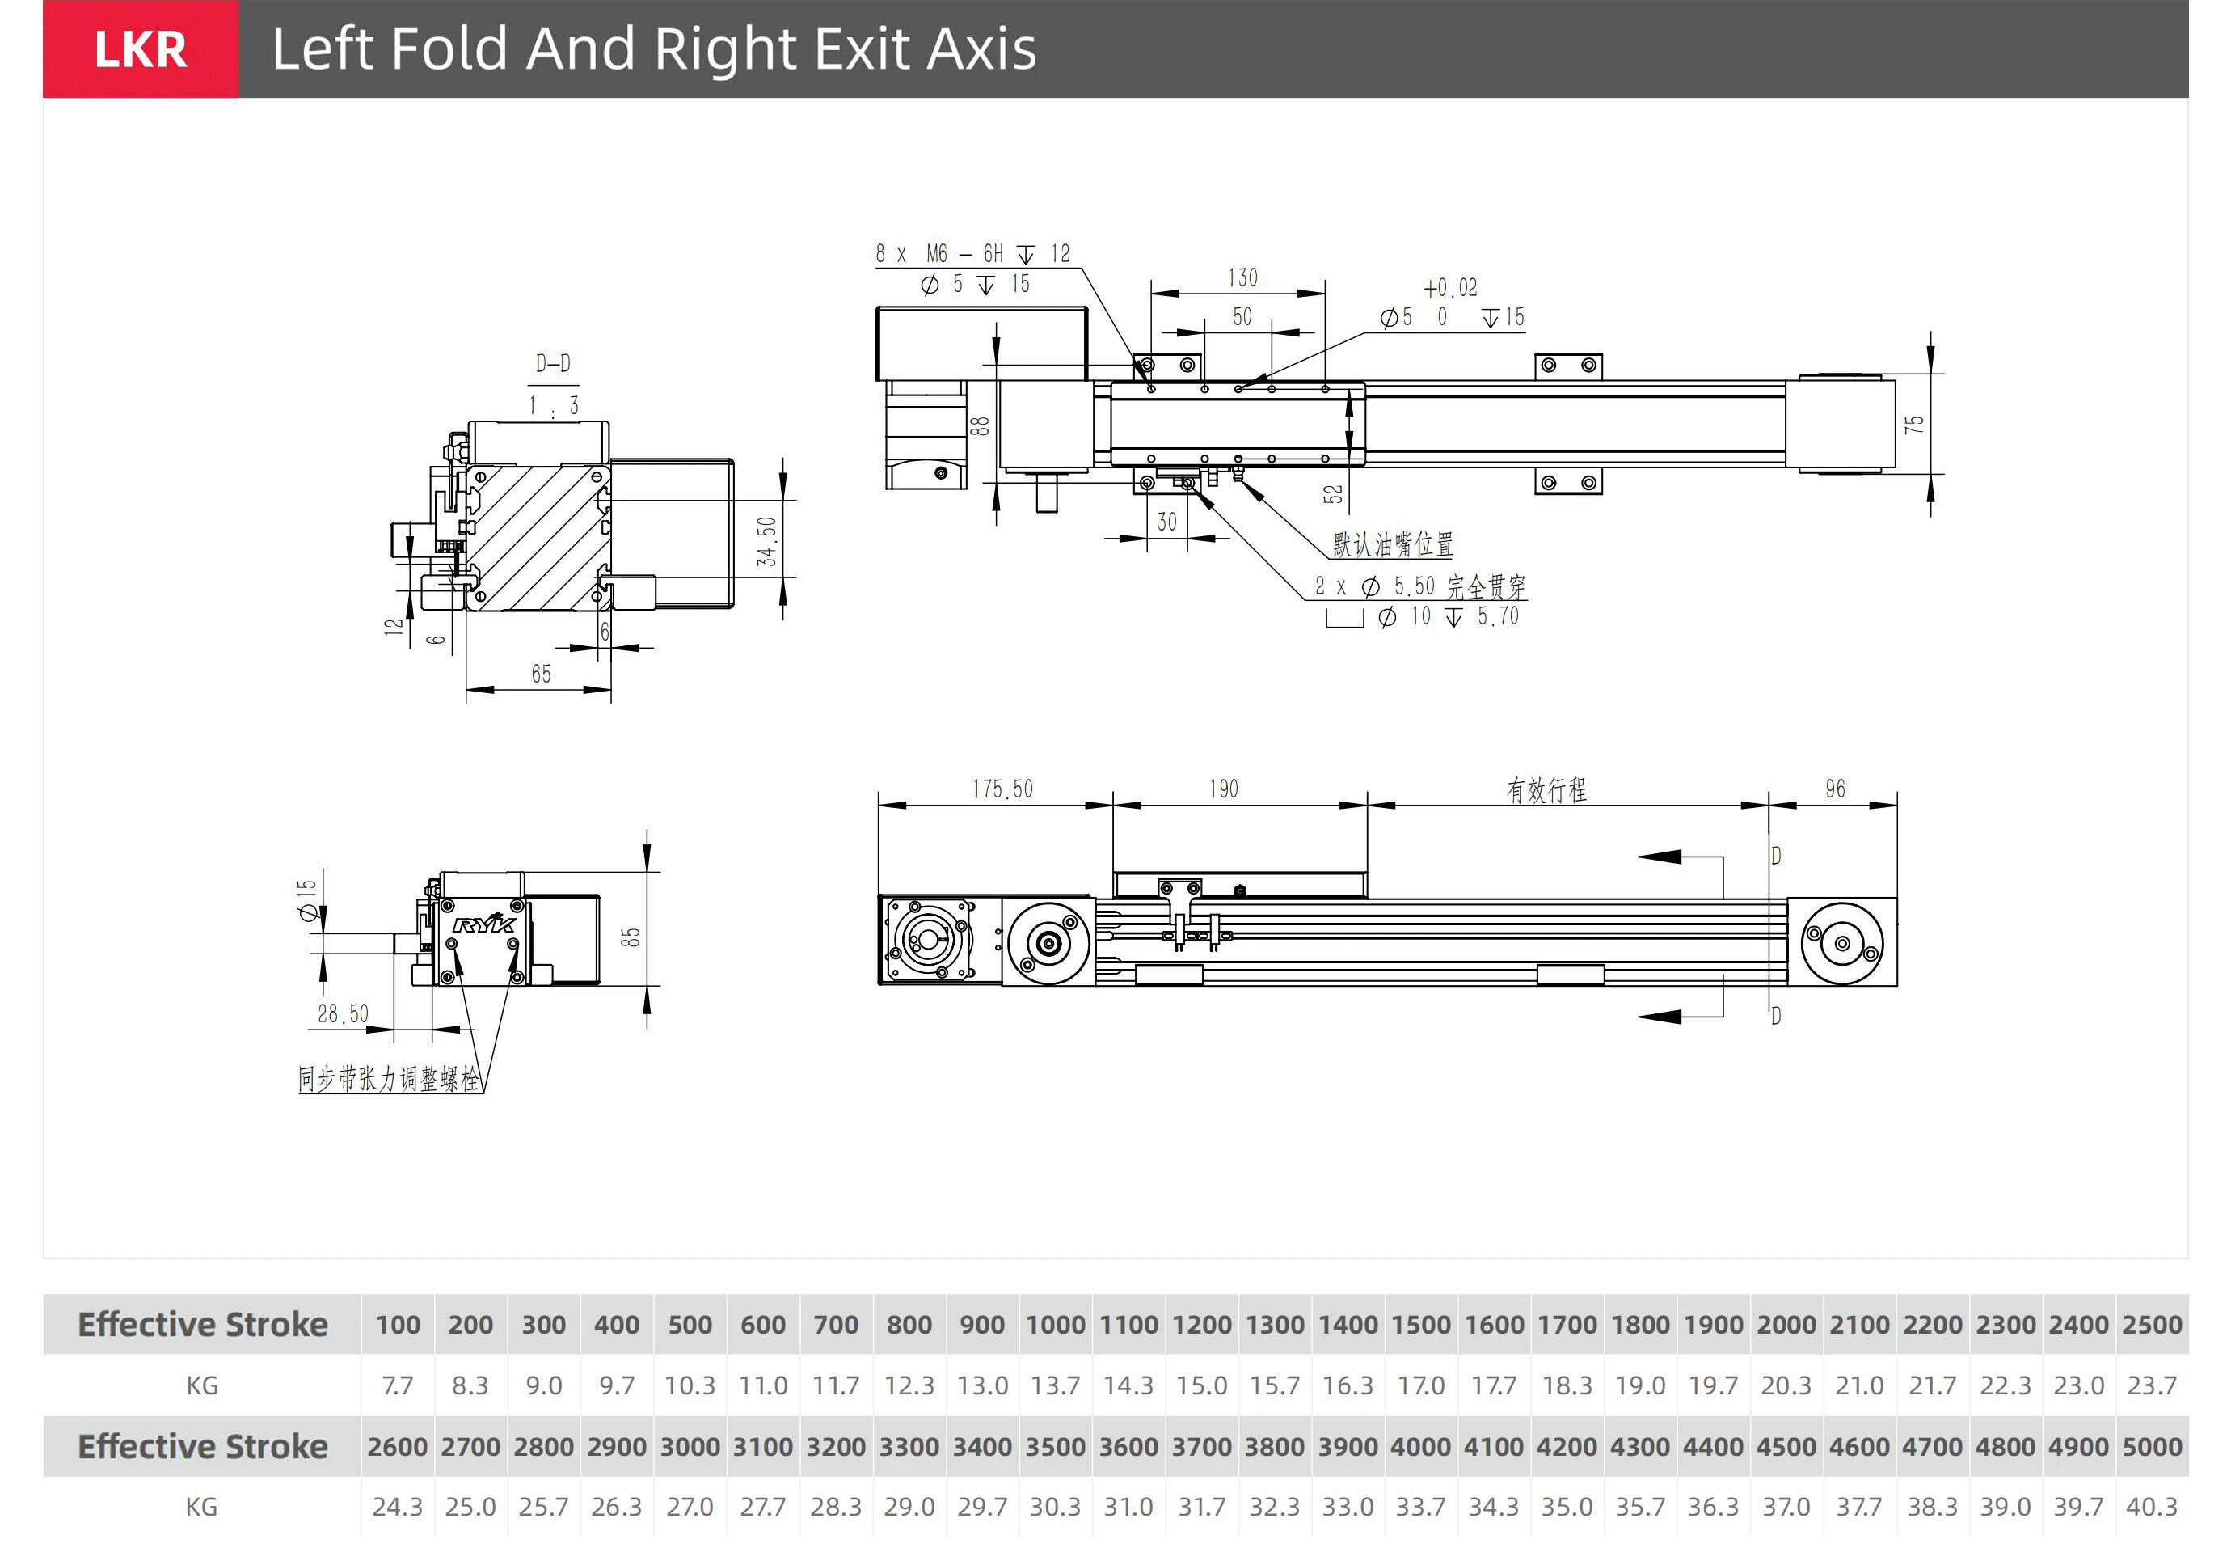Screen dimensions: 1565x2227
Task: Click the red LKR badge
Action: click(141, 49)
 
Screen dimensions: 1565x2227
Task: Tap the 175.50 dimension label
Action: click(1003, 789)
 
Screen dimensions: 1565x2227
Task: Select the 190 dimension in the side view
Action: click(1223, 789)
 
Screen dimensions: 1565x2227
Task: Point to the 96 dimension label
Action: click(1834, 789)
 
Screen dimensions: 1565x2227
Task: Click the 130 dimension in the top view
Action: click(1242, 278)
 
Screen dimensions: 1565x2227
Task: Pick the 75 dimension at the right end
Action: click(1913, 425)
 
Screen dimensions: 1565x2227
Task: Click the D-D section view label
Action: click(553, 364)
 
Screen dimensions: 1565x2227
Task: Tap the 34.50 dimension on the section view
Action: click(767, 541)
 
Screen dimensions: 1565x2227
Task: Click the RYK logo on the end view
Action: click(484, 923)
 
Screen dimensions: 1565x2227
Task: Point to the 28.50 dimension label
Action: click(344, 1014)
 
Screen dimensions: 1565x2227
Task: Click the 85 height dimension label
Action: click(631, 937)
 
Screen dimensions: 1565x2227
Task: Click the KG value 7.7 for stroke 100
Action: click(398, 1385)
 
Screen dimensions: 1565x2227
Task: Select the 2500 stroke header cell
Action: click(2151, 1324)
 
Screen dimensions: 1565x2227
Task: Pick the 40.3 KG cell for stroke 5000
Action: click(2151, 1507)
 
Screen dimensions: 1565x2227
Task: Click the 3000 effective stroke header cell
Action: click(690, 1447)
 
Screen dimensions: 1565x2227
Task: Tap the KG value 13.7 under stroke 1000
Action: click(1056, 1385)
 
